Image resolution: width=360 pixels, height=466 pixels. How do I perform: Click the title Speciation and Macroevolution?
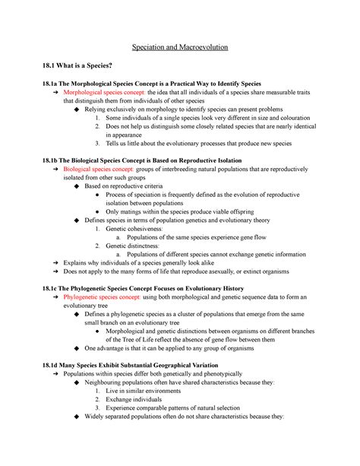pos(180,47)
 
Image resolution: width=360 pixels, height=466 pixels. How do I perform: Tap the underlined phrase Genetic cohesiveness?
pos(134,228)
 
